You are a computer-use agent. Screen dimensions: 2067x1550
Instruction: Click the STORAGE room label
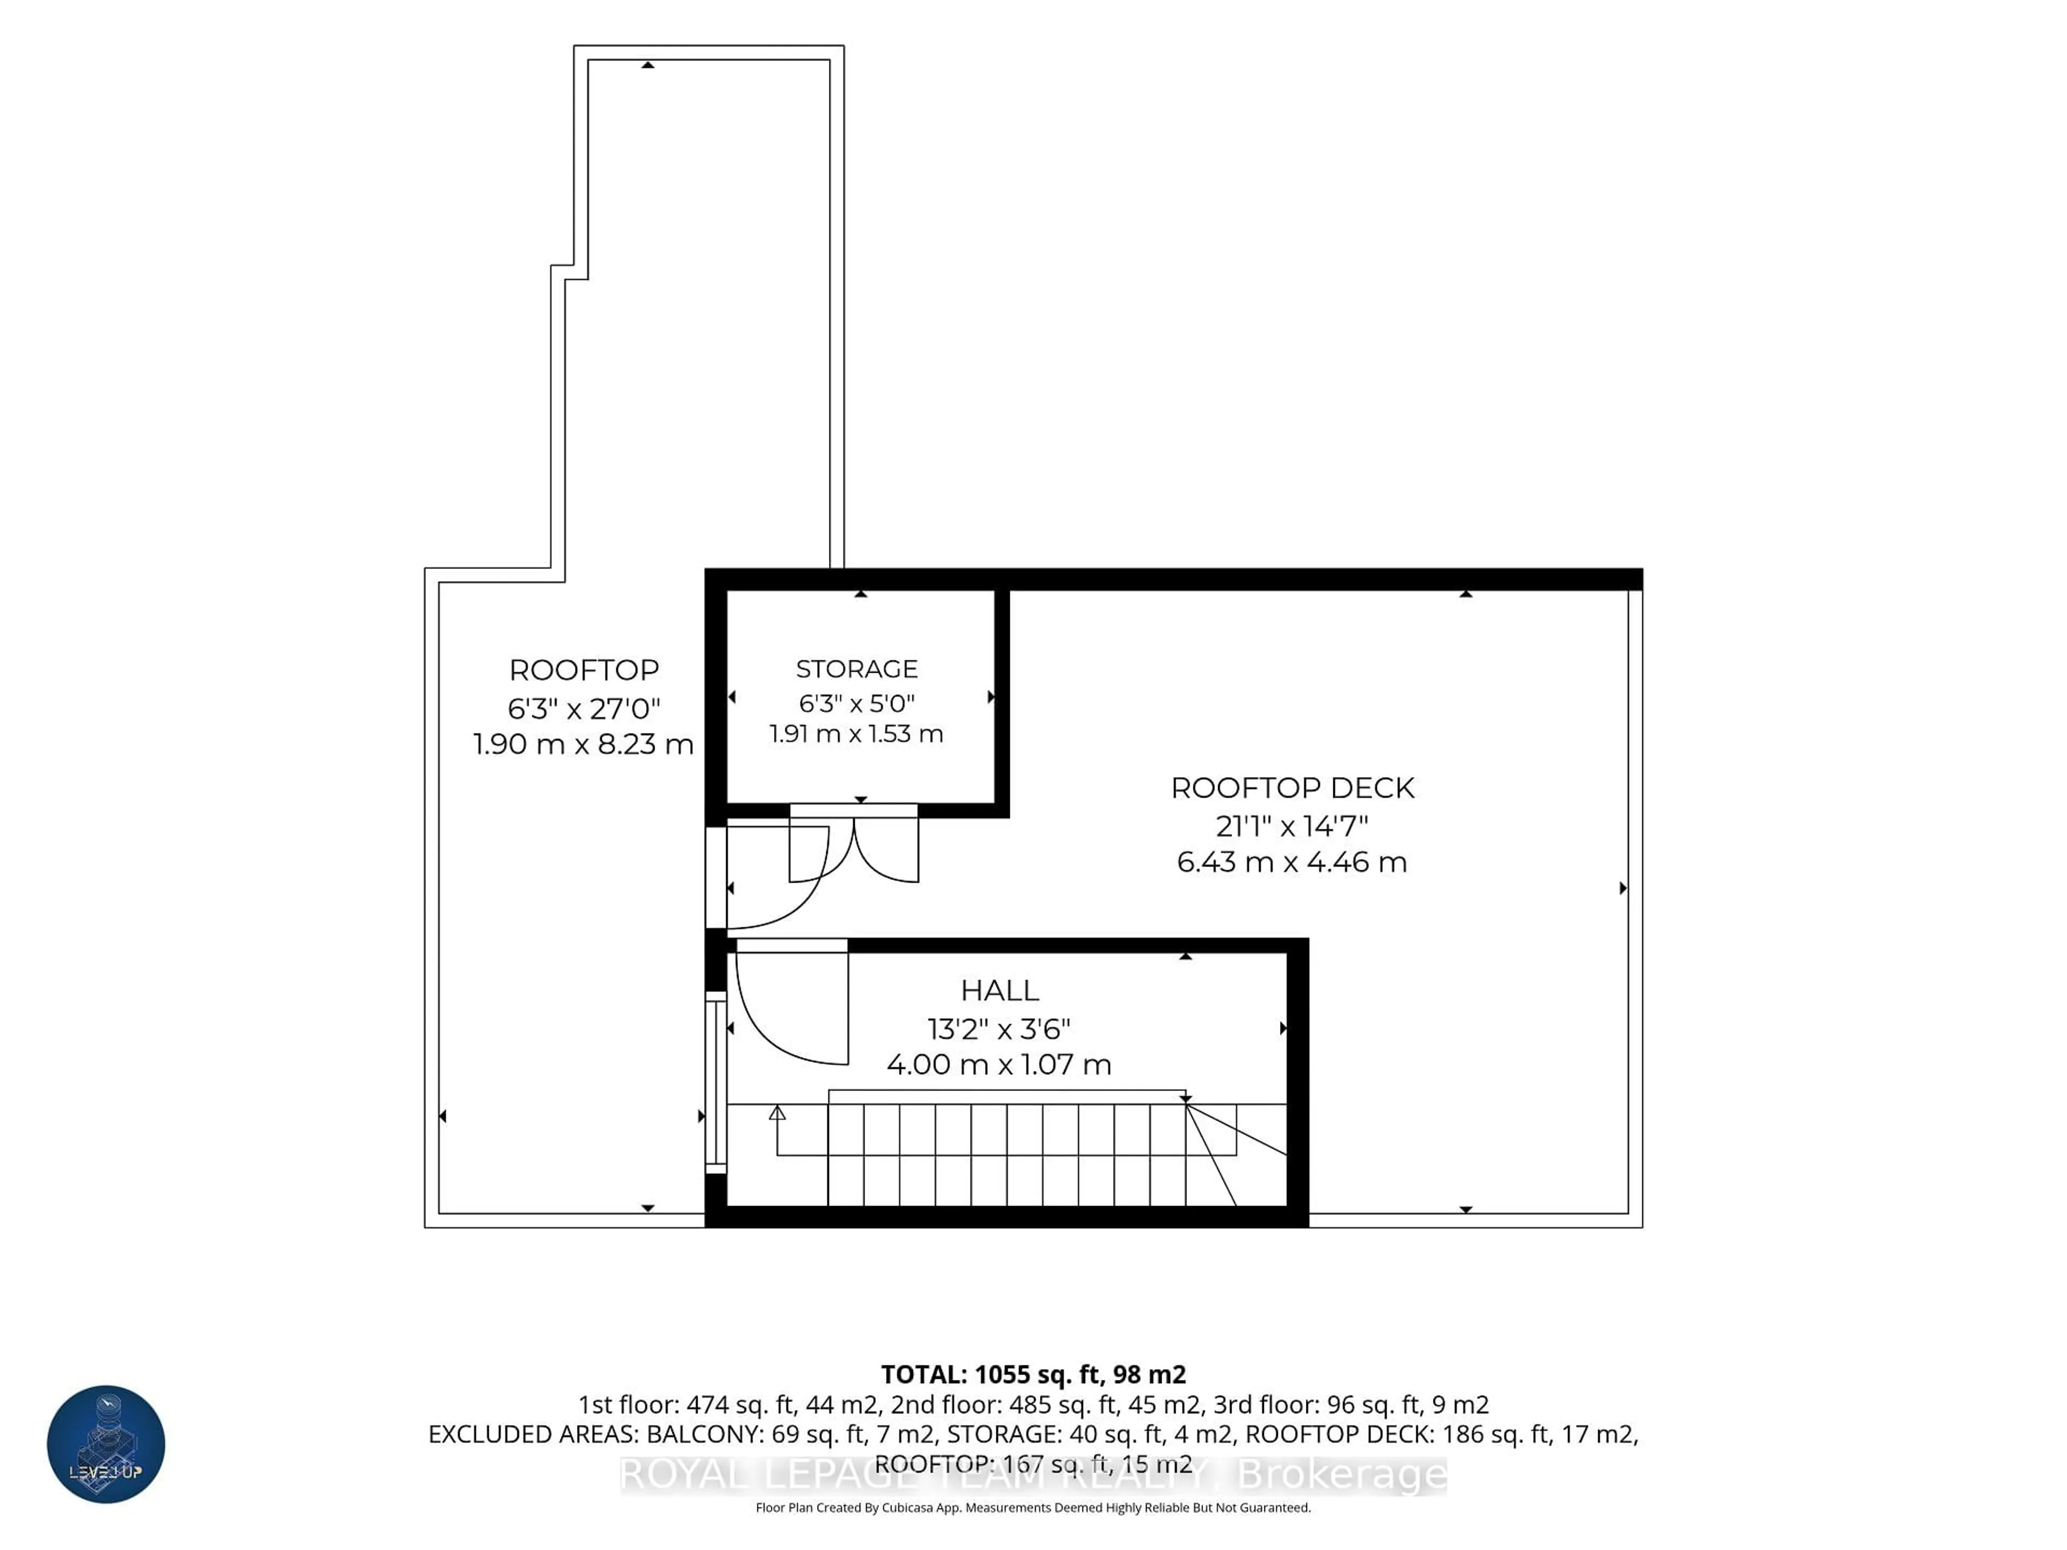857,669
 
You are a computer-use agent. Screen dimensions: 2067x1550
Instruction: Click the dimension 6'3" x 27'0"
584,708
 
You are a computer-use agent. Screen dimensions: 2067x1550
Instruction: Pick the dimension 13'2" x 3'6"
999,1028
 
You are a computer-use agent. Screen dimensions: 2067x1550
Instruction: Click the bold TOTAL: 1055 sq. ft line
1033,1375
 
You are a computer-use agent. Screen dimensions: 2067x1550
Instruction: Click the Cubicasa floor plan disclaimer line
1033,1507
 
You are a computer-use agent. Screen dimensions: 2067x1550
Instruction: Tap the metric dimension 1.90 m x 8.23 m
584,745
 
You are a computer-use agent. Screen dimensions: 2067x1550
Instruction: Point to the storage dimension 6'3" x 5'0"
857,702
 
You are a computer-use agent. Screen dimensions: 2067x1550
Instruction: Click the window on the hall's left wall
716,1082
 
